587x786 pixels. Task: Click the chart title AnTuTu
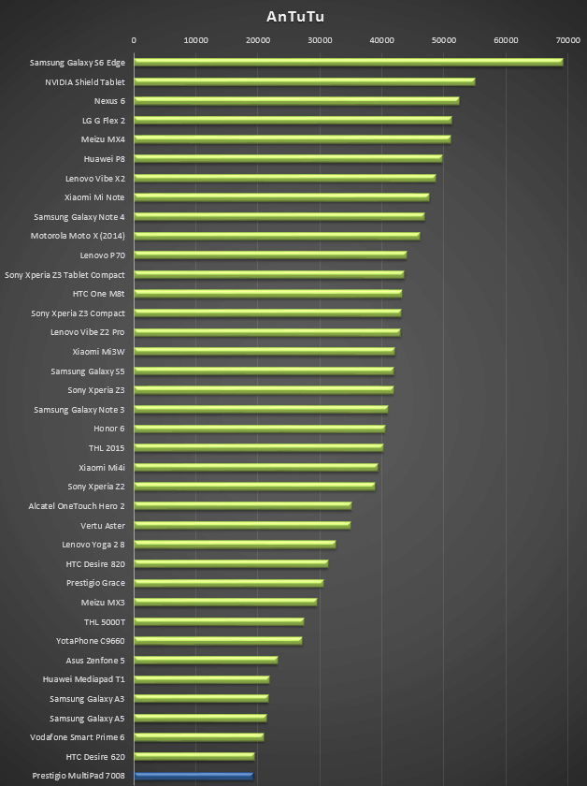pyautogui.click(x=294, y=17)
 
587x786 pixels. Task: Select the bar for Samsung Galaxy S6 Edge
pyautogui.click(x=348, y=62)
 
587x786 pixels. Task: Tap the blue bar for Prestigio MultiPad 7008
pyautogui.click(x=193, y=776)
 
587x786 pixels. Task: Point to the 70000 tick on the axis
pyautogui.click(x=567, y=40)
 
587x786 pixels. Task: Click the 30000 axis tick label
pyautogui.click(x=320, y=40)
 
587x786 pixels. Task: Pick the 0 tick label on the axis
pyautogui.click(x=134, y=40)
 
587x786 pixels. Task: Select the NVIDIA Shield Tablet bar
pyautogui.click(x=304, y=81)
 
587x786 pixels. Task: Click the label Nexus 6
pyautogui.click(x=109, y=101)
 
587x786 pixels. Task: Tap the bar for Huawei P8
pyautogui.click(x=287, y=159)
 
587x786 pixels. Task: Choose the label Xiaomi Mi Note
pyautogui.click(x=94, y=197)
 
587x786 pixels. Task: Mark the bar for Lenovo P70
pyautogui.click(x=269, y=255)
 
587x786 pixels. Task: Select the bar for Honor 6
pyautogui.click(x=259, y=429)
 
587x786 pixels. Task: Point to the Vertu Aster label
pyautogui.click(x=103, y=525)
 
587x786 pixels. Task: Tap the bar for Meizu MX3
pyautogui.click(x=225, y=602)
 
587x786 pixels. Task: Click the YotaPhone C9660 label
pyautogui.click(x=90, y=641)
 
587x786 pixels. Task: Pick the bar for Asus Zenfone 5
pyautogui.click(x=206, y=660)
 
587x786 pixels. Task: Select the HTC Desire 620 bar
pyautogui.click(x=194, y=756)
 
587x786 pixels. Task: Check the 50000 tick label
pyautogui.click(x=444, y=40)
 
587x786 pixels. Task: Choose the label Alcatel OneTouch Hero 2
pyautogui.click(x=77, y=506)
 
